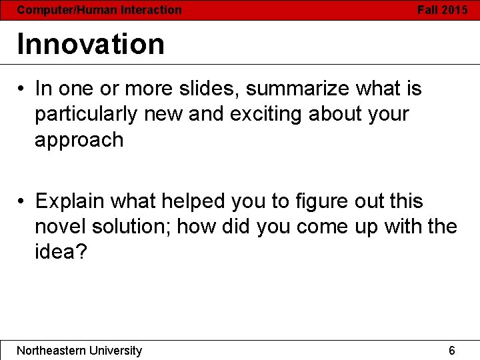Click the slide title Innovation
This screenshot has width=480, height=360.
91,44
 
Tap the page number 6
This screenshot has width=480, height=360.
452,351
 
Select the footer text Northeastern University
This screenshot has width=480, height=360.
79,351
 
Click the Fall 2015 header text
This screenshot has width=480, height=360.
443,10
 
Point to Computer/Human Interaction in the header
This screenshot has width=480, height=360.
99,10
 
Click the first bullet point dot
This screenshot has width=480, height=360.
22,89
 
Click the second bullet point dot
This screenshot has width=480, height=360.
22,201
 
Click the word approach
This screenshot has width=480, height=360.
79,140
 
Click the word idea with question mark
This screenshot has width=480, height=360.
61,253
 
